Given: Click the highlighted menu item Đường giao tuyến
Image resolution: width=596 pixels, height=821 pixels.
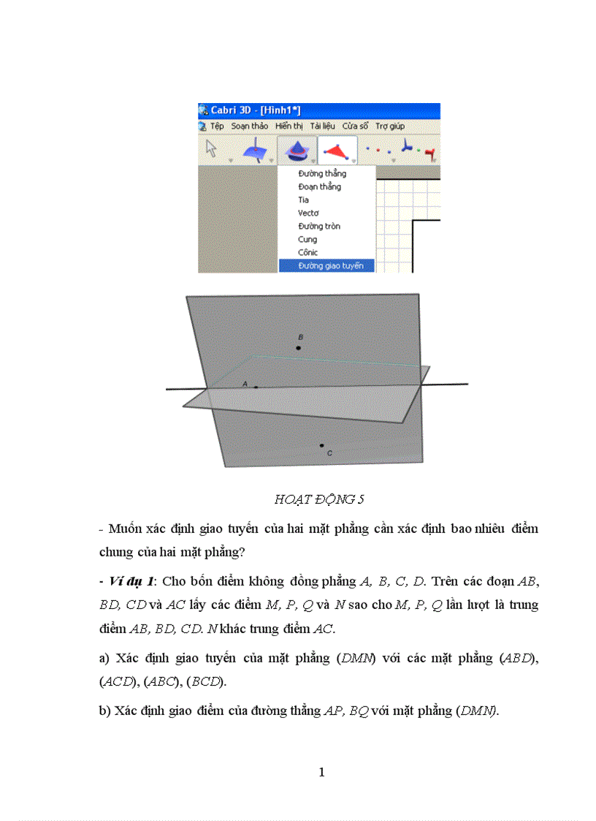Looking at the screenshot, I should (x=330, y=265).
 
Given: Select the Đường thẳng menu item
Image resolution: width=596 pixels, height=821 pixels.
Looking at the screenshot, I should (x=322, y=174).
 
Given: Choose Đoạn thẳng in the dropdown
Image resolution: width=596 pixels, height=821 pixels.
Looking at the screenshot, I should (x=319, y=187).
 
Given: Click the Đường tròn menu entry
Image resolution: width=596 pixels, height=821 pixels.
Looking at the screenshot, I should (x=318, y=227).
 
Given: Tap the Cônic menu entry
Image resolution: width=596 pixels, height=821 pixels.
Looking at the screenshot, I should (x=307, y=252).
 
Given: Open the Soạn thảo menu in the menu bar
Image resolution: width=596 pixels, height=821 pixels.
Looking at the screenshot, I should (x=250, y=126).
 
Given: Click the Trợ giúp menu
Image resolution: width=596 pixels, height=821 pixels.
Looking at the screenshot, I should (x=390, y=126).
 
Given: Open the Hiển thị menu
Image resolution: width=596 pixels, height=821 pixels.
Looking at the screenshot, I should (x=289, y=126).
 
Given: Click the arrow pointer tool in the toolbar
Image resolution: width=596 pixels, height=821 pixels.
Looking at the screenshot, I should (x=212, y=149).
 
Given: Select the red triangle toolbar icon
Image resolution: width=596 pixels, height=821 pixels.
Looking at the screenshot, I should (x=336, y=151).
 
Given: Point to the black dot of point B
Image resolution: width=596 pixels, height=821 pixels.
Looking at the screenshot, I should (x=299, y=348).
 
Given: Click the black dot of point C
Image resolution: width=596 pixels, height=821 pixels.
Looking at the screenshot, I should (x=321, y=444).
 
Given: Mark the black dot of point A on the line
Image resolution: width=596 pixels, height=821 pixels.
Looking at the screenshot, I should (x=256, y=387).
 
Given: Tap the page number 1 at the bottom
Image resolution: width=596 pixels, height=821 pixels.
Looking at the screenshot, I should (x=321, y=773).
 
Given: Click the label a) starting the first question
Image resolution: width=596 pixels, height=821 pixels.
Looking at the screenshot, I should (x=104, y=658).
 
